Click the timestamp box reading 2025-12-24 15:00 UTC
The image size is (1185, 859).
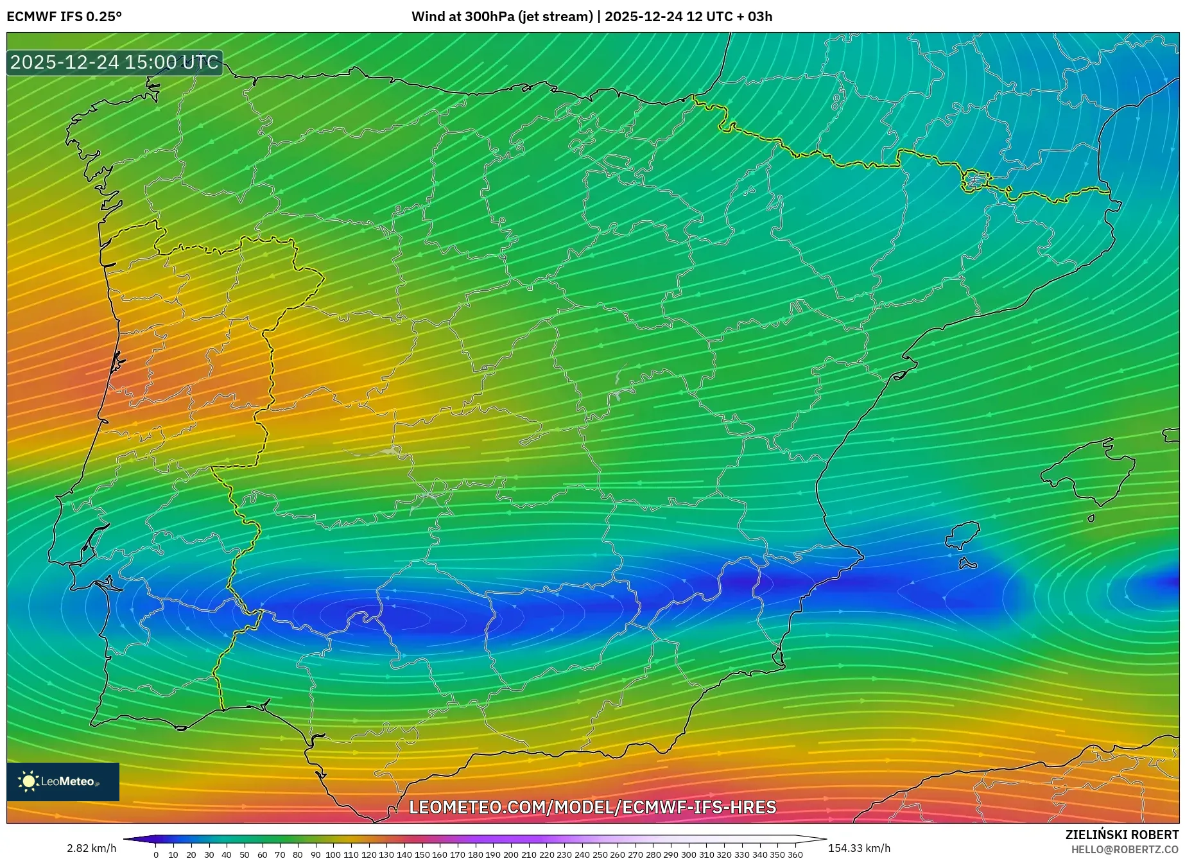(x=114, y=62)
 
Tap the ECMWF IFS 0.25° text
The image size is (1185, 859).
(x=64, y=17)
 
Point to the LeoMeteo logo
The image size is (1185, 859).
(x=63, y=781)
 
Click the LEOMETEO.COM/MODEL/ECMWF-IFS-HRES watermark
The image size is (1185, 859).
(x=592, y=807)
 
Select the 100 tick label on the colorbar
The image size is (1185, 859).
(x=333, y=855)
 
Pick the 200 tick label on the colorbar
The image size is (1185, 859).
(x=510, y=855)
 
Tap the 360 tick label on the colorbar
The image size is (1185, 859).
(x=795, y=855)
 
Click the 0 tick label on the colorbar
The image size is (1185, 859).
(x=156, y=855)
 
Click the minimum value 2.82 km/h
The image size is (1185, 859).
(x=91, y=848)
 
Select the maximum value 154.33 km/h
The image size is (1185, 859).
(x=859, y=848)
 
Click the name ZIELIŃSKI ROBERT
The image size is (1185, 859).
(x=1122, y=835)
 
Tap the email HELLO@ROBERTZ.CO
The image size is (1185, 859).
(x=1124, y=849)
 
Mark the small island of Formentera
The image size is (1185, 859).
(x=967, y=564)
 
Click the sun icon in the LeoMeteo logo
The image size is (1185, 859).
(x=29, y=781)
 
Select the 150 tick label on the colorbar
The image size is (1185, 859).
(x=421, y=855)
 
